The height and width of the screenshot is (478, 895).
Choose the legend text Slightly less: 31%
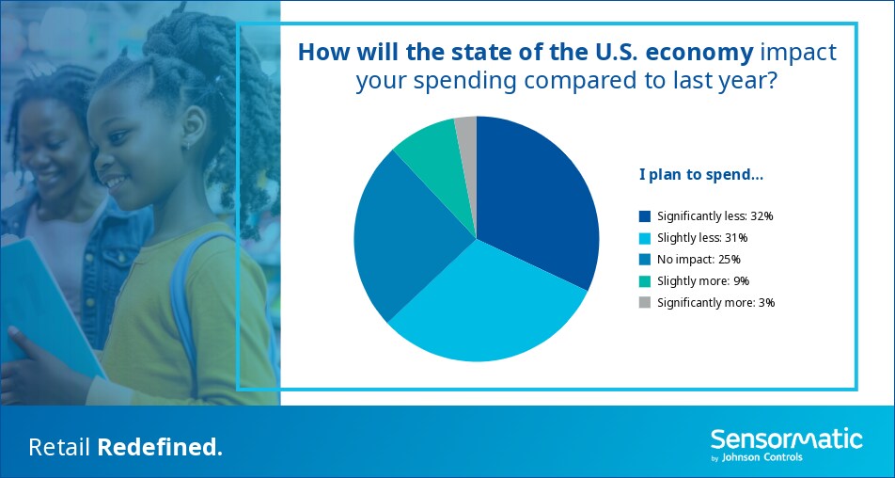pos(695,238)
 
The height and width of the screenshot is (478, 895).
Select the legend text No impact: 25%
pos(699,260)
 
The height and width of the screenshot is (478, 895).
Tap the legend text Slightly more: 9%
pos(703,281)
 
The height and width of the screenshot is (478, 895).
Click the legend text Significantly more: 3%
pos(715,303)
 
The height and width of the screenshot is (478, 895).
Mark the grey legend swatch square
pos(645,303)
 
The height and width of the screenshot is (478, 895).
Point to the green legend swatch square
pos(645,281)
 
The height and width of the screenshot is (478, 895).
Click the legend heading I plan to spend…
pos(701,176)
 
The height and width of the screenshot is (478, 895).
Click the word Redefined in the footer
pos(160,448)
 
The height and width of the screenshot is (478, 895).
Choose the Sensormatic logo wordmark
pos(787,439)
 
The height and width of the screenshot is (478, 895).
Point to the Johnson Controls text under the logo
pos(762,457)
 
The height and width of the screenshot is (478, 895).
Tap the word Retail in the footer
pos(60,448)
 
